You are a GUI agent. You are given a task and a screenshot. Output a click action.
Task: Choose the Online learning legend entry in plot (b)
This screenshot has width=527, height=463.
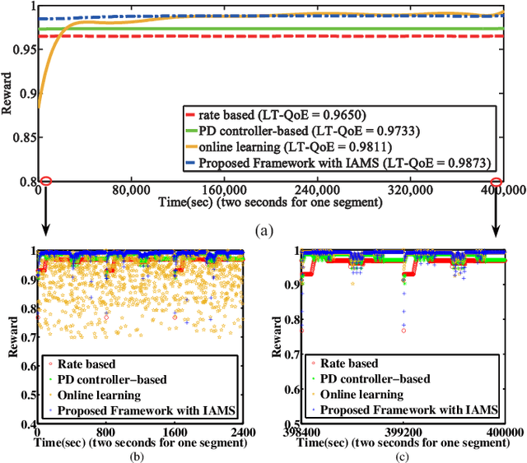pos(105,394)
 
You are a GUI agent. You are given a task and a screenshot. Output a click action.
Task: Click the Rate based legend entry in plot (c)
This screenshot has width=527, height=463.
pos(349,363)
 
